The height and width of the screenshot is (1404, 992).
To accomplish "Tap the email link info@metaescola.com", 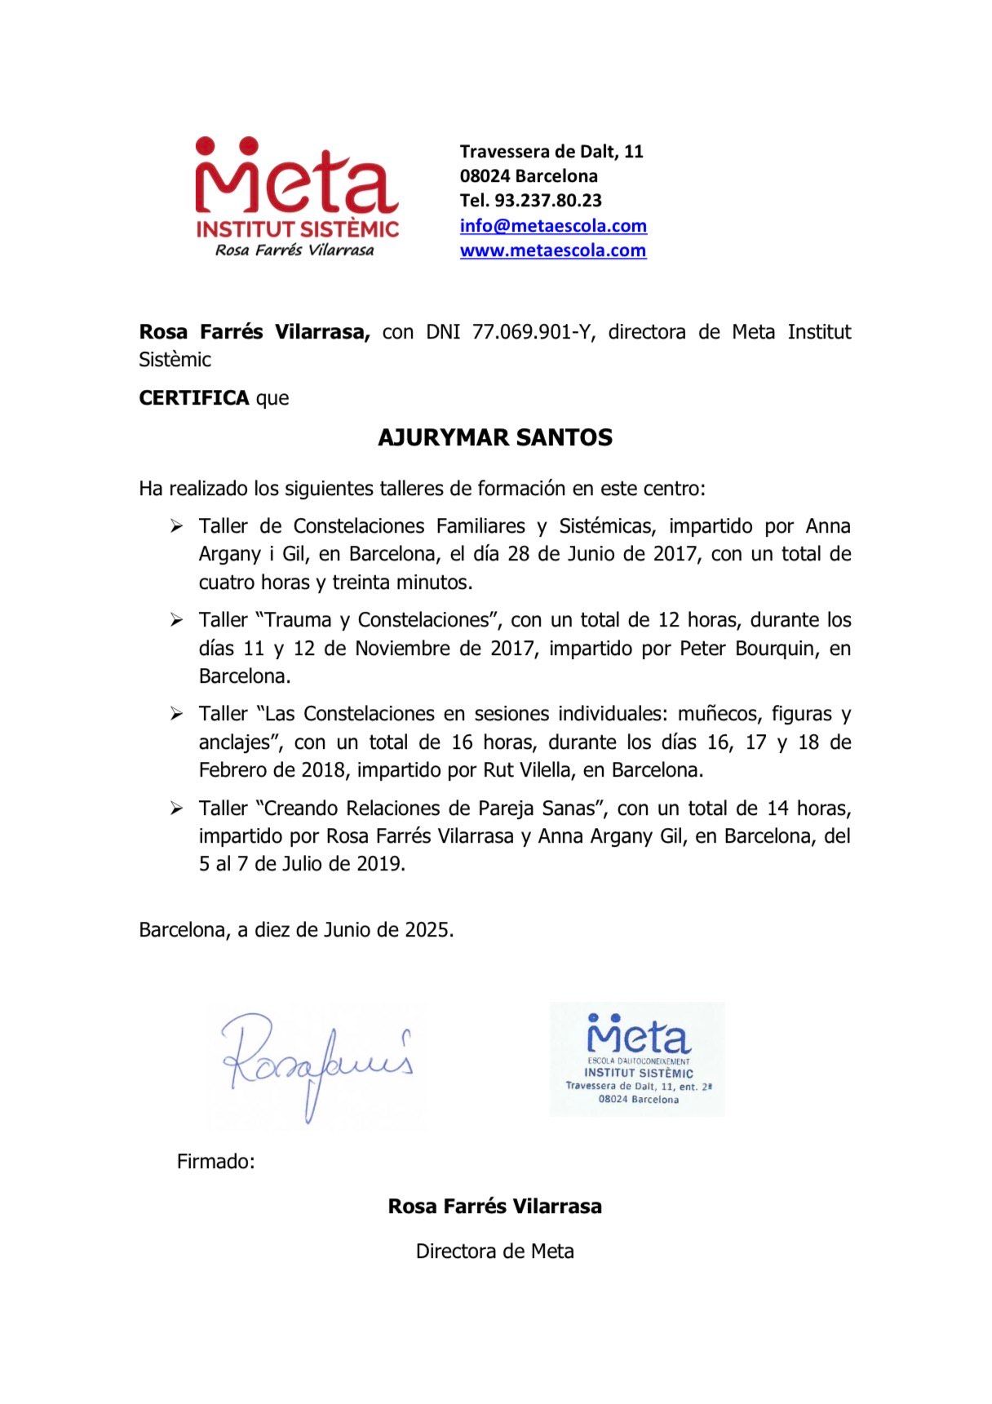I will pyautogui.click(x=553, y=226).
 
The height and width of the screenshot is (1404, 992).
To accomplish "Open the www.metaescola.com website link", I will pyautogui.click(x=553, y=250).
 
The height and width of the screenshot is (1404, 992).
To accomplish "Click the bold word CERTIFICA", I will pyautogui.click(x=194, y=398).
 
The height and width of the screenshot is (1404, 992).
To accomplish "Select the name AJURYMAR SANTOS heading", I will pyautogui.click(x=495, y=438).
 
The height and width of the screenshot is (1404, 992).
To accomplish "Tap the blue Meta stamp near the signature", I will pyautogui.click(x=637, y=1059).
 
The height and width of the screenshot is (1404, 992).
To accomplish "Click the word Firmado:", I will pyautogui.click(x=216, y=1161).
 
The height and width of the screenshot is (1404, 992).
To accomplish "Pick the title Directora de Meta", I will pyautogui.click(x=495, y=1251).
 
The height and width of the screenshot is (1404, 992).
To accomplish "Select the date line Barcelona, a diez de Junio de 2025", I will pyautogui.click(x=296, y=930).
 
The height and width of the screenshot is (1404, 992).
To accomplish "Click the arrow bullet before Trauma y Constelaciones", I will pyautogui.click(x=176, y=621).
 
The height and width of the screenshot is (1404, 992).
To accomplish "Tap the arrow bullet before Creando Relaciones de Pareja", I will pyautogui.click(x=176, y=808).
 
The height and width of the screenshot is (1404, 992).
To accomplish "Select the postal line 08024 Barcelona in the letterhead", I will pyautogui.click(x=529, y=176).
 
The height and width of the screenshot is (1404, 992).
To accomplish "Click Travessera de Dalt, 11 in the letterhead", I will pyautogui.click(x=551, y=152).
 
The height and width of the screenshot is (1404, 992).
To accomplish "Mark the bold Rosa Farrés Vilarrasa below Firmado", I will pyautogui.click(x=495, y=1206).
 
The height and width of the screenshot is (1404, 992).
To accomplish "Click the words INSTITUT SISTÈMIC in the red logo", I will pyautogui.click(x=297, y=228).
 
